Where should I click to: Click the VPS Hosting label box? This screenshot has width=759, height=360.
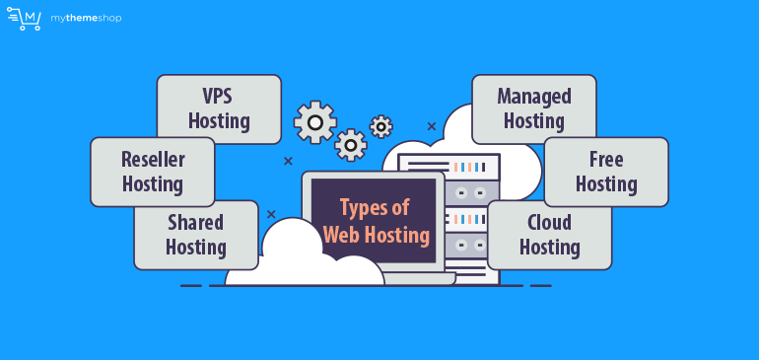point(219,108)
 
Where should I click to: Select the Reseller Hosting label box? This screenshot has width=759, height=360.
point(152,172)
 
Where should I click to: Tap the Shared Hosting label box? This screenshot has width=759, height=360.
point(195,235)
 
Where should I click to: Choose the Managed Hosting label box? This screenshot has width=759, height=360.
point(533,108)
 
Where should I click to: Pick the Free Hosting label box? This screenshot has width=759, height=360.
point(605,172)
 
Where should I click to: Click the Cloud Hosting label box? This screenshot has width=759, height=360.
point(549,235)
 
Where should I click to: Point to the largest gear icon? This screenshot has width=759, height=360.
point(315,122)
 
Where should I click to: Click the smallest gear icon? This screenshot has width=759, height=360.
point(380,126)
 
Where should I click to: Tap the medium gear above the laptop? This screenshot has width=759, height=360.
point(351,145)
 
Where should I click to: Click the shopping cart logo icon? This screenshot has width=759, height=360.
point(24,18)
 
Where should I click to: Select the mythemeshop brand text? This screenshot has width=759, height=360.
point(86,18)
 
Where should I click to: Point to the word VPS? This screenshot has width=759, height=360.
point(219,97)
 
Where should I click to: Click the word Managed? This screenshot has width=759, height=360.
point(533,97)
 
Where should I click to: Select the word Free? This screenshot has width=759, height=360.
point(605,160)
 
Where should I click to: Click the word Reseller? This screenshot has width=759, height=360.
point(153,160)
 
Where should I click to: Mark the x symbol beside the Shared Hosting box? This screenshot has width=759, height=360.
point(271,214)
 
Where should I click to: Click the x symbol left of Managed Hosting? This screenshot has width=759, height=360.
point(431,126)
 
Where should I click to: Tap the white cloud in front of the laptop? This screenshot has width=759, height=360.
point(286,261)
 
